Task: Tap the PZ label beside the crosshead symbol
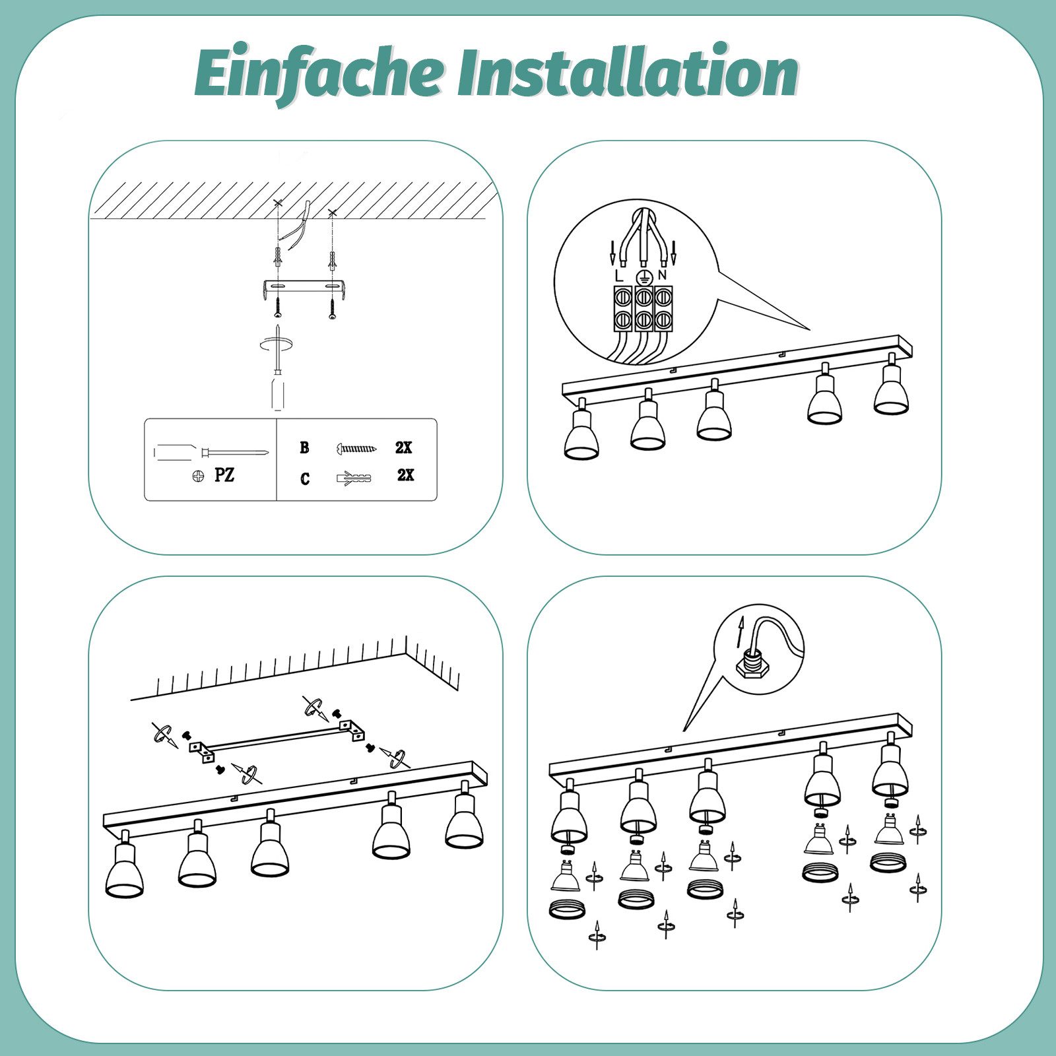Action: [224, 475]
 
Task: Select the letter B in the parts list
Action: [304, 447]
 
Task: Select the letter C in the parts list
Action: [304, 479]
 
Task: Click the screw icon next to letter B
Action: [356, 449]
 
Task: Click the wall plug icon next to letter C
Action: [354, 477]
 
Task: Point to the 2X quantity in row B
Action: [403, 447]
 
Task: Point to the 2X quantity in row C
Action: [405, 475]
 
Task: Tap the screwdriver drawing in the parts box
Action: [211, 452]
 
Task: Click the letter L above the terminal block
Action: [618, 275]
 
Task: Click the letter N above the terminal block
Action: [662, 275]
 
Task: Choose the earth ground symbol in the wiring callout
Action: [640, 277]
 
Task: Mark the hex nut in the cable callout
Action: [748, 667]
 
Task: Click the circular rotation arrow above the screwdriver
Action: [277, 345]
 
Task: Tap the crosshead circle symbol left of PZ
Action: [197, 475]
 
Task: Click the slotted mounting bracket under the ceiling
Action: [305, 288]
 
